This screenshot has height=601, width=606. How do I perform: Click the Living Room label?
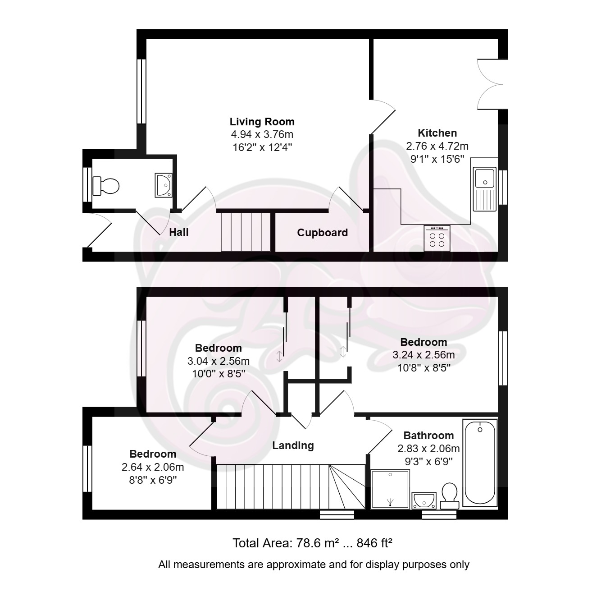262,122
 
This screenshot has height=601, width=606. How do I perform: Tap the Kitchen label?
437,133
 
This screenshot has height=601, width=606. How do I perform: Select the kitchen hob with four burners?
437,238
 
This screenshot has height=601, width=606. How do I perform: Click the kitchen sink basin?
485,178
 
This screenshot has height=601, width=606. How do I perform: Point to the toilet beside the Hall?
106,186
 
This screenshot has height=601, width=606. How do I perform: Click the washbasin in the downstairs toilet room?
164,185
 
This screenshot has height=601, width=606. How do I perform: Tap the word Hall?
178,232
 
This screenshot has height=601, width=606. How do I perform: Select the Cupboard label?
322,233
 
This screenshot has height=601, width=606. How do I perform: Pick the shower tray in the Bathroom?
390,489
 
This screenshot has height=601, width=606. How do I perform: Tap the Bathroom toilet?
449,496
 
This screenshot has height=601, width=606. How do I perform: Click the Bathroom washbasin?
424,500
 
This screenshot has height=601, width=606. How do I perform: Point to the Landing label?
293,445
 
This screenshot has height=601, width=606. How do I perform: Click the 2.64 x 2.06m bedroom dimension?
153,467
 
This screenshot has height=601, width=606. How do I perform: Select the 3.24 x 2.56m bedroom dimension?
424,355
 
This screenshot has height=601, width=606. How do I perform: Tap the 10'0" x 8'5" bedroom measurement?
219,374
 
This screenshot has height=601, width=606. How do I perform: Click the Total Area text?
312,543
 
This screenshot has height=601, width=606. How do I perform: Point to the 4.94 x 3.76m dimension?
262,134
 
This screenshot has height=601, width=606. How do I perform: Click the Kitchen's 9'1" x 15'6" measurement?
437,159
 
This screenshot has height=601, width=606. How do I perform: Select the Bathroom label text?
428,436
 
